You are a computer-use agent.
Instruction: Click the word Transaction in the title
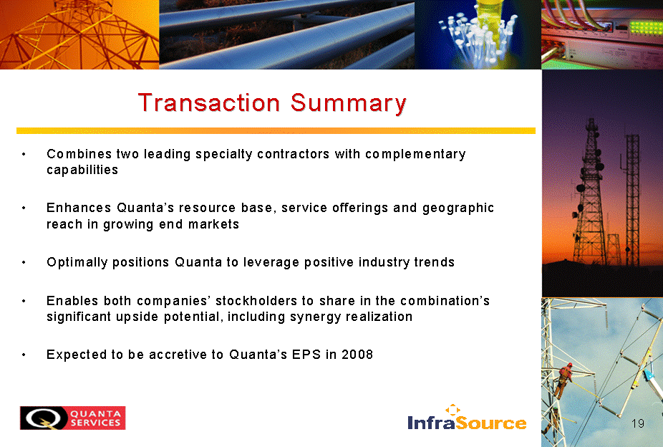(209, 102)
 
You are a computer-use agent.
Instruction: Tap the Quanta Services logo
(73, 418)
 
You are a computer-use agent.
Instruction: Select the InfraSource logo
(467, 418)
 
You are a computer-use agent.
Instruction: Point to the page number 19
(638, 423)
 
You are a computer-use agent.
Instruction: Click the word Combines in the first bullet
(79, 154)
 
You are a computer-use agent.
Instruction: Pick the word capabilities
(82, 170)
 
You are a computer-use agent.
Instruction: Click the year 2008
(357, 355)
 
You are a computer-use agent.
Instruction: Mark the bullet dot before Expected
(24, 355)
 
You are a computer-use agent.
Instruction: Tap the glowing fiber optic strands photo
(478, 34)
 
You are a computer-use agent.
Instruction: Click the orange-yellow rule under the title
(276, 130)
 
